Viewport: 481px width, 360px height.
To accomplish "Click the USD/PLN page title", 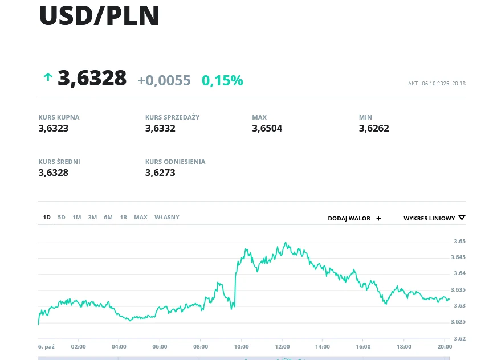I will [99, 16].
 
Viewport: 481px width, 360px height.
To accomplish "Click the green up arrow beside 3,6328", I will [47, 77].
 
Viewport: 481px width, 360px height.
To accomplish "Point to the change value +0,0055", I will [164, 80].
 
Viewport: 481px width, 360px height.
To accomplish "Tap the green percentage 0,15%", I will [222, 80].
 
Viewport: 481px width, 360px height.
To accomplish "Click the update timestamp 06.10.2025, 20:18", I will [443, 84].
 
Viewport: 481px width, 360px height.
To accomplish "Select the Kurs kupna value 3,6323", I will [54, 128].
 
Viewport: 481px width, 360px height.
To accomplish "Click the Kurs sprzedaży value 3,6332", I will [160, 128].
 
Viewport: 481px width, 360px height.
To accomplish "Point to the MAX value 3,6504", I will [267, 128].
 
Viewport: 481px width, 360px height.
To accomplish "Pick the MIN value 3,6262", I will [374, 128].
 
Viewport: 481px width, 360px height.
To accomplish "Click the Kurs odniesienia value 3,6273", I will [160, 173].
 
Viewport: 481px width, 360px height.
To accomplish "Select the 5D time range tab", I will [62, 217].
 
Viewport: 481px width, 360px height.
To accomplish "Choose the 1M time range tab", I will [76, 217].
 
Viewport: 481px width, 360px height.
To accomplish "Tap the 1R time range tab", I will [124, 217].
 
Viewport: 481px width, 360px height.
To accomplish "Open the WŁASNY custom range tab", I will [167, 217].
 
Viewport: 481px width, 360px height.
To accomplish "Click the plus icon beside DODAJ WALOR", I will [378, 218].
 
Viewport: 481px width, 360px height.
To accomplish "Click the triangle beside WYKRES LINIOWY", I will [462, 218].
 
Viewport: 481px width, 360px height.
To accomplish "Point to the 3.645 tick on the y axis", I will [459, 257].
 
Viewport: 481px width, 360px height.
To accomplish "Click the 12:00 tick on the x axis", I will [282, 346].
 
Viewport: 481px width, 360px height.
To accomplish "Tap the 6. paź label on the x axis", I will [46, 346].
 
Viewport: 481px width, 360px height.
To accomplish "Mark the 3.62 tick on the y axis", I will [460, 338].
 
